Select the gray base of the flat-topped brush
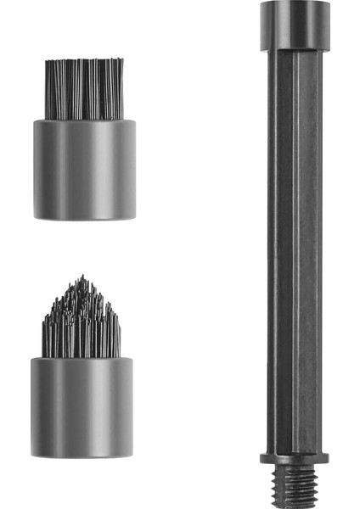84,170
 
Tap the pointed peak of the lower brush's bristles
82,278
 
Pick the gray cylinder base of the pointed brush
82,407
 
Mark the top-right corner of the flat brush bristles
122,61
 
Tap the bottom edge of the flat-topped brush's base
84,218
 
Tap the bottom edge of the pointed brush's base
82,457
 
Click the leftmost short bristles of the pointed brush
46,335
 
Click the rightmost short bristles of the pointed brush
117,335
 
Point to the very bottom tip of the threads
294,506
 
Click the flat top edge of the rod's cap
295,3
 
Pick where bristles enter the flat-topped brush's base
84,120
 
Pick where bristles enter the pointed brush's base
82,357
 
